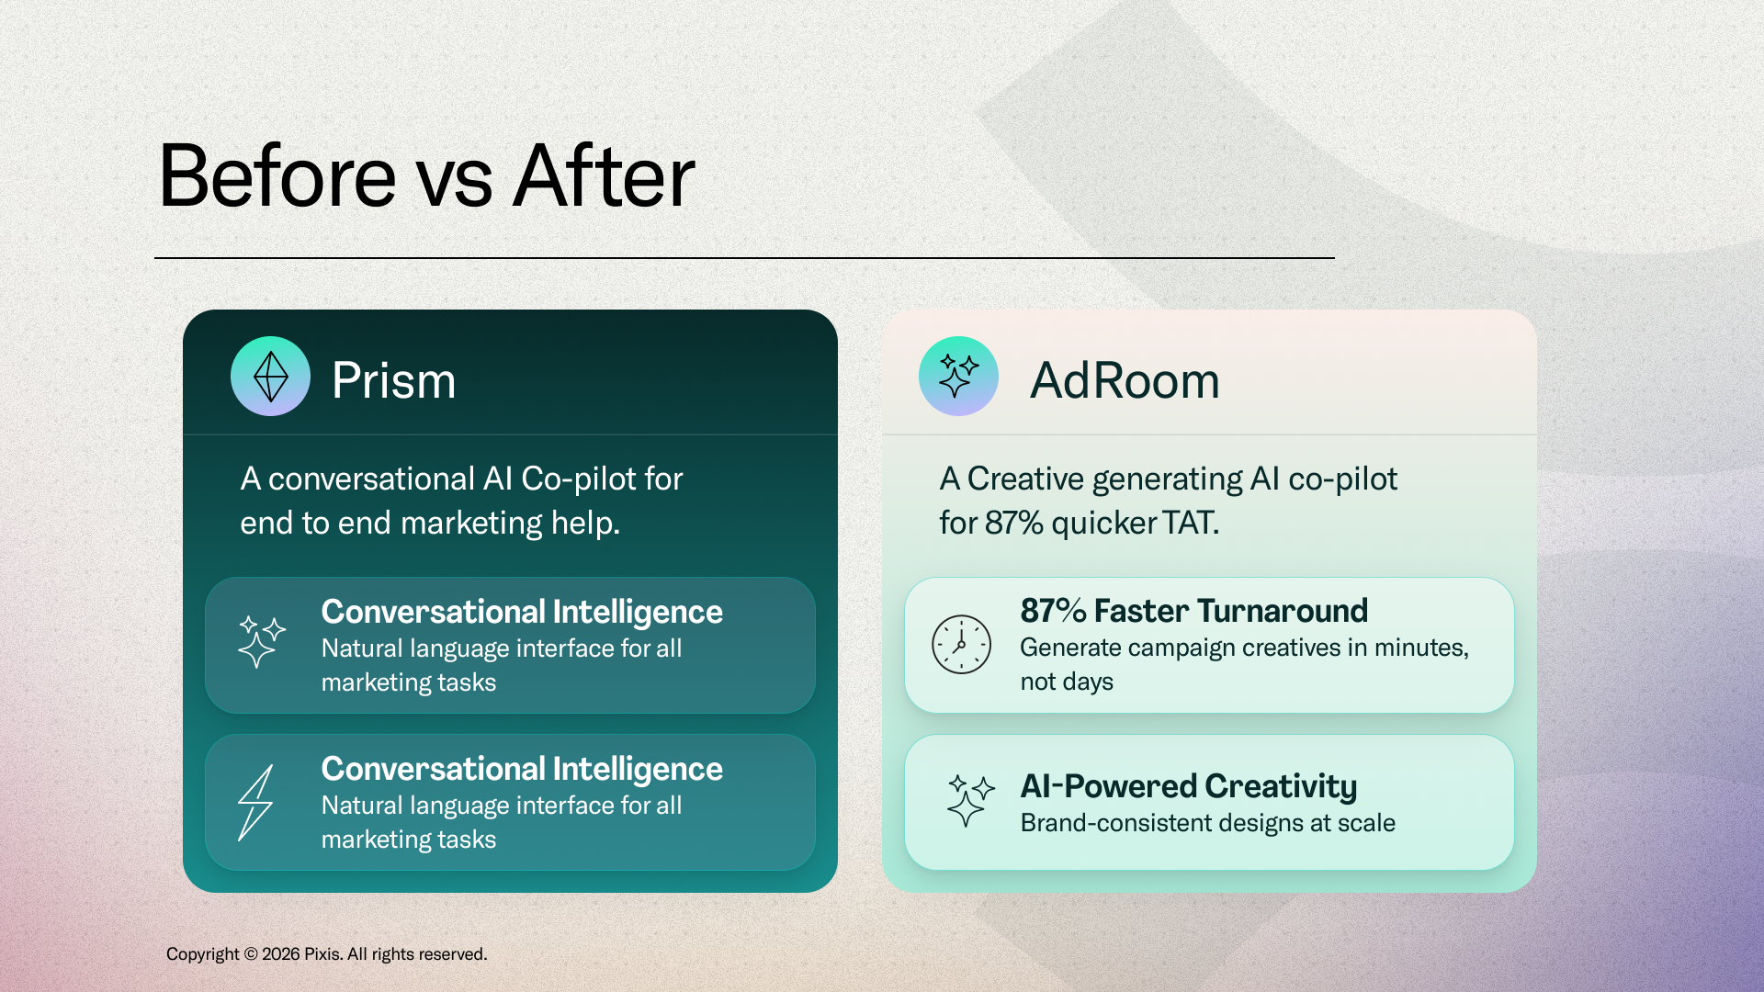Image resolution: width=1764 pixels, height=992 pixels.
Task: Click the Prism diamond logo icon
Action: tap(270, 377)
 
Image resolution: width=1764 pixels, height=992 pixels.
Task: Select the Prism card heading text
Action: tap(393, 380)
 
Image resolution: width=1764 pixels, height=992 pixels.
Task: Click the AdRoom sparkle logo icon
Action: tap(958, 377)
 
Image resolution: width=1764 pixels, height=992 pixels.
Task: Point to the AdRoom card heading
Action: tap(1125, 380)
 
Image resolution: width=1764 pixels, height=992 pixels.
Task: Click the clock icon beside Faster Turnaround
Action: tap(961, 645)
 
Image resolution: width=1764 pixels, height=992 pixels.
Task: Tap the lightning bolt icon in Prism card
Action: tap(255, 803)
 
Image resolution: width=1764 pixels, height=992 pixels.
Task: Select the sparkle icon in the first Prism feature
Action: tap(262, 641)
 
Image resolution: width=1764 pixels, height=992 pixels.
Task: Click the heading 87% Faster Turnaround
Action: tap(1193, 611)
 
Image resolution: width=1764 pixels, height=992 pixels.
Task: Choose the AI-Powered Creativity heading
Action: tap(1188, 786)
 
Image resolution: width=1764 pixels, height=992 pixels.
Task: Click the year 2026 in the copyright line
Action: tap(281, 954)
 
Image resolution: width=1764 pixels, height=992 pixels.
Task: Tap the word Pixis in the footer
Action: tap(323, 954)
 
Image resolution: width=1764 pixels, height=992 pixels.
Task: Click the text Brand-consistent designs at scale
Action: tap(1207, 823)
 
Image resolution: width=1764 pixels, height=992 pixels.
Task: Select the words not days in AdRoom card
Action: tap(1067, 682)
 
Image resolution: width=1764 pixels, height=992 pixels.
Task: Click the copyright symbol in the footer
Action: tap(251, 954)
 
